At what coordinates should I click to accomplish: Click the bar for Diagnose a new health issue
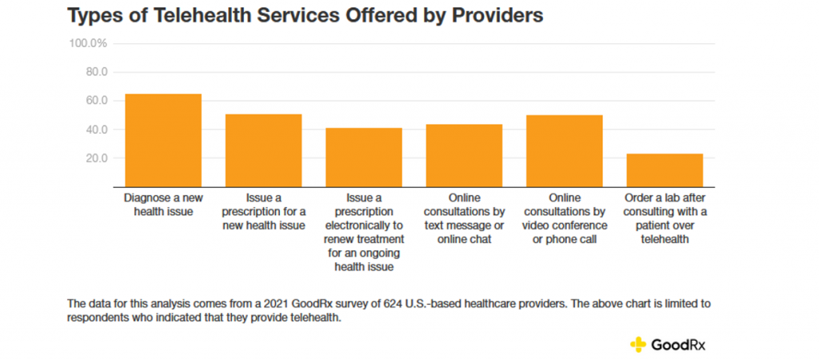coord(163,140)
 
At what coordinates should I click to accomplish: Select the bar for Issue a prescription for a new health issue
coord(263,150)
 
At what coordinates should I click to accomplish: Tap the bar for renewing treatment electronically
coord(364,157)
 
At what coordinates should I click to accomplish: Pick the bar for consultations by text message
coord(464,154)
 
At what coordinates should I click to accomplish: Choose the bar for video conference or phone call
coord(564,150)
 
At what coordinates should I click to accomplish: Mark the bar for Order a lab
coord(665,170)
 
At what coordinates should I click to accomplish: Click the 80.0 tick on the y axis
coord(96,72)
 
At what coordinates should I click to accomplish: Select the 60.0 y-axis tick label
coord(96,101)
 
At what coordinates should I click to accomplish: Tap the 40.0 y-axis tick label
coord(96,130)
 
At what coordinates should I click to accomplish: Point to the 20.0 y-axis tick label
coord(96,158)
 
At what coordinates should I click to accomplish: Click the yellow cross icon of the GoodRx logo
coord(637,345)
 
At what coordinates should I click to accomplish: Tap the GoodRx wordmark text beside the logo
coord(679,345)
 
